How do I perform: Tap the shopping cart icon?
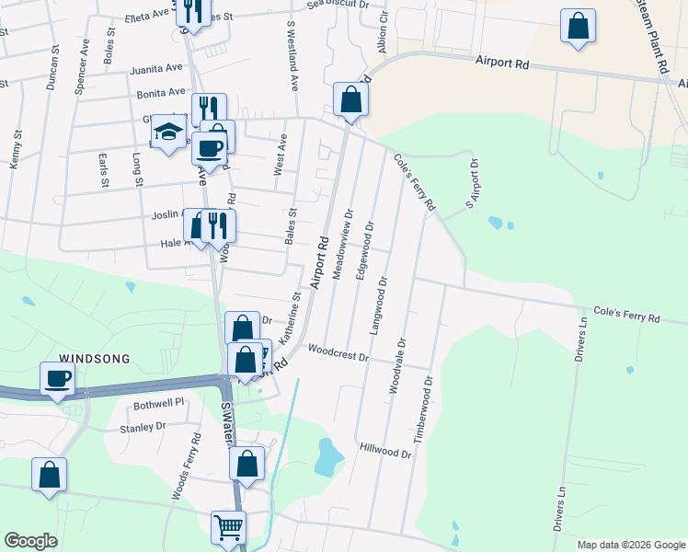pyautogui.click(x=228, y=527)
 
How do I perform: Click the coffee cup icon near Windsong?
pyautogui.click(x=57, y=378)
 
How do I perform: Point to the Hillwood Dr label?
pyautogui.click(x=385, y=452)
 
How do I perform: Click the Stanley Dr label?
pyautogui.click(x=143, y=427)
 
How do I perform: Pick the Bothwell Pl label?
pyautogui.click(x=159, y=402)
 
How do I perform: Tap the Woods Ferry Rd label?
pyautogui.click(x=186, y=467)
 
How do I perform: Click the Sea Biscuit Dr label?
pyautogui.click(x=338, y=4)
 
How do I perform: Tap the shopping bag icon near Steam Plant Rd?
pyautogui.click(x=578, y=27)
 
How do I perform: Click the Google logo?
pyautogui.click(x=30, y=541)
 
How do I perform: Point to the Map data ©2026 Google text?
pyautogui.click(x=630, y=545)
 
